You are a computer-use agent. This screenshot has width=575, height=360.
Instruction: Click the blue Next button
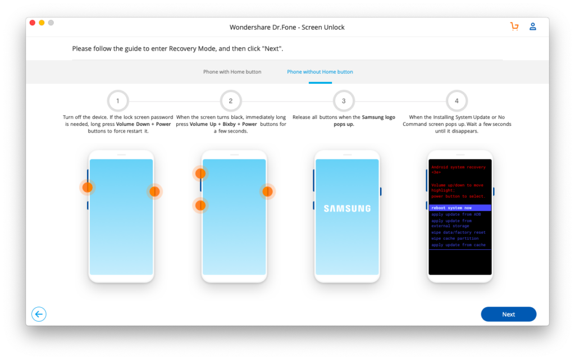pyautogui.click(x=508, y=315)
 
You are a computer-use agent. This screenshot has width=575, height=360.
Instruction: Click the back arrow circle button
pyautogui.click(x=39, y=315)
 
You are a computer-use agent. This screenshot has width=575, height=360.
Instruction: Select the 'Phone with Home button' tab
pyautogui.click(x=232, y=72)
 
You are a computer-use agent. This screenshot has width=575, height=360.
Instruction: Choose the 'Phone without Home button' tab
pyautogui.click(x=320, y=72)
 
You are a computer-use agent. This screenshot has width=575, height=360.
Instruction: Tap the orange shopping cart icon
pyautogui.click(x=514, y=26)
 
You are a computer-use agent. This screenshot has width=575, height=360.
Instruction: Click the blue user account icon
pyautogui.click(x=533, y=26)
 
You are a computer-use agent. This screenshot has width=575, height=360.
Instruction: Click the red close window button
pyautogui.click(x=33, y=23)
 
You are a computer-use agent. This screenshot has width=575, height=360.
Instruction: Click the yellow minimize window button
pyautogui.click(x=42, y=23)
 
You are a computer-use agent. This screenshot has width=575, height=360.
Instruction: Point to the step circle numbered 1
pyautogui.click(x=118, y=101)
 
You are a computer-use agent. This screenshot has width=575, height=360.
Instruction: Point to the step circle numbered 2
pyautogui.click(x=231, y=101)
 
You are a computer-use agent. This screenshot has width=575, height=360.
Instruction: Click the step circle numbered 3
pyautogui.click(x=344, y=101)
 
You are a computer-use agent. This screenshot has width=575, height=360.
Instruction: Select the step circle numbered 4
pyautogui.click(x=457, y=101)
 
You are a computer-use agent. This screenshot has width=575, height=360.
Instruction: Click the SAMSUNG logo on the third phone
pyautogui.click(x=347, y=208)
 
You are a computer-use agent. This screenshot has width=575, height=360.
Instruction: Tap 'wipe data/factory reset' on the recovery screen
pyautogui.click(x=458, y=233)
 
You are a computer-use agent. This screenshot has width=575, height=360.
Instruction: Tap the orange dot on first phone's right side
pyautogui.click(x=154, y=192)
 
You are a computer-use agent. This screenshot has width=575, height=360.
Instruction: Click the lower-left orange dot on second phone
pyautogui.click(x=200, y=206)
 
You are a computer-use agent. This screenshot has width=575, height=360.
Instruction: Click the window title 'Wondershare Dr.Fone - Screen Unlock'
pyautogui.click(x=287, y=27)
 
